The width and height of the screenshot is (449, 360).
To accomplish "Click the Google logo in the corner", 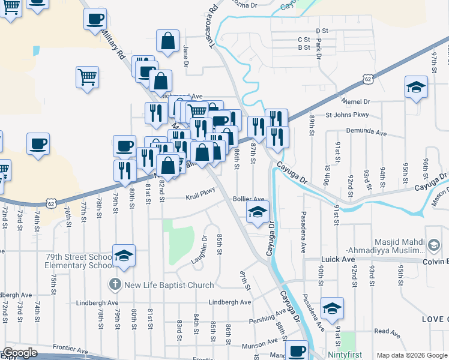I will pos(20,353).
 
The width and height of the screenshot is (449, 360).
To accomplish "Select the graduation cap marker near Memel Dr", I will pos(416,88).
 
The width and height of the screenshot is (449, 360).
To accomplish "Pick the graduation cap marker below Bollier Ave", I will pos(258,212).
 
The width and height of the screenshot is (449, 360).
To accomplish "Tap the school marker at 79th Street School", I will pos(124,256).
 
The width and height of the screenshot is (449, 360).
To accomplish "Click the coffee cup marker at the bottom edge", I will pos(296,351).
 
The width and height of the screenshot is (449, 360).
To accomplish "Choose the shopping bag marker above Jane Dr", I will pos(168,41).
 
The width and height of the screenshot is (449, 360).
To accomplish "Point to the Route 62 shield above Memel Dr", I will pos(367,79).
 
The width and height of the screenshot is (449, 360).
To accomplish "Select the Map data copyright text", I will pos(411,355).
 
